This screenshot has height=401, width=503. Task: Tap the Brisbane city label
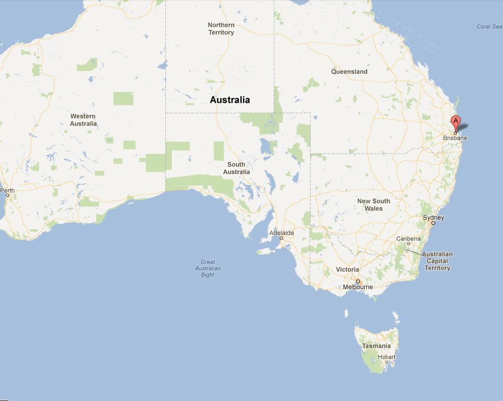tap(455, 138)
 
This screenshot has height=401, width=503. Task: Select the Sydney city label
tap(433, 217)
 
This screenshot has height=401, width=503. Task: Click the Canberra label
tap(409, 239)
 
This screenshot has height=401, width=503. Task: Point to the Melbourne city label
tap(358, 287)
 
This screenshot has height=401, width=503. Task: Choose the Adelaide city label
tap(281, 233)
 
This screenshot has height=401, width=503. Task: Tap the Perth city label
tap(7, 190)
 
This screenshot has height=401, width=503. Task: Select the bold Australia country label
tap(230, 100)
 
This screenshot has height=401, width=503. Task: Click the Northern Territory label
tap(221, 29)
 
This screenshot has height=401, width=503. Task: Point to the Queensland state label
tap(349, 72)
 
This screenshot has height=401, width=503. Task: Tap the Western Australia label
tap(83, 120)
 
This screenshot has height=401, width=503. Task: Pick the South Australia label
tap(236, 168)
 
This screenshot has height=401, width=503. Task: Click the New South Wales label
tap(373, 205)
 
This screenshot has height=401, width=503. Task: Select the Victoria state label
tap(347, 269)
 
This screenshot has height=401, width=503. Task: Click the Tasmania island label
tap(376, 346)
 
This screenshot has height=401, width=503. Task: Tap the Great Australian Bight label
tap(207, 268)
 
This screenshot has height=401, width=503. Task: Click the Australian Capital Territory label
tap(437, 261)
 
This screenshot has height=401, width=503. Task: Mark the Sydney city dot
tap(433, 223)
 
